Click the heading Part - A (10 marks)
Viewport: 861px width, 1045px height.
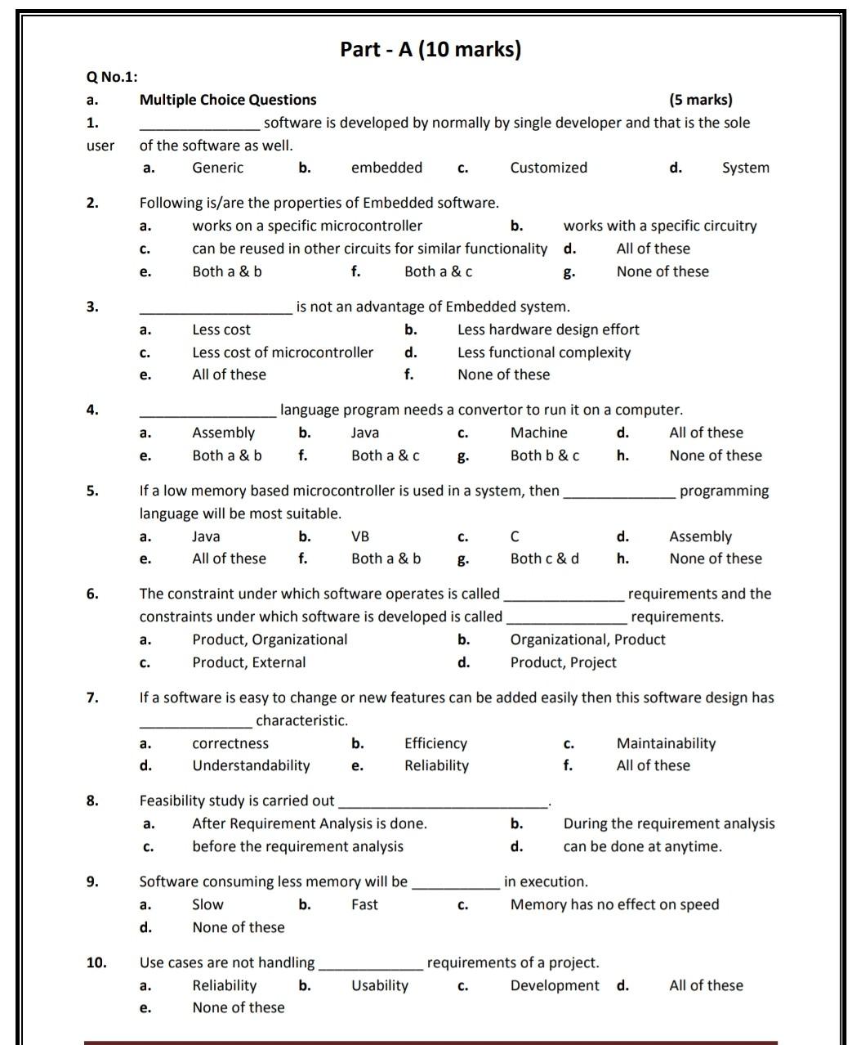point(430,50)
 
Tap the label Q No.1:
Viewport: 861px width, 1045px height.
point(112,77)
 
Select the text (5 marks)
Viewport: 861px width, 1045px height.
point(700,100)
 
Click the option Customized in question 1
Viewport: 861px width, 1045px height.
point(548,168)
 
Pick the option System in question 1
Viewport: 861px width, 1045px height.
point(745,168)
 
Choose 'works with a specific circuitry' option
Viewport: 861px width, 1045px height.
point(659,226)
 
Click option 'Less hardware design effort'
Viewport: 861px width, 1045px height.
point(548,330)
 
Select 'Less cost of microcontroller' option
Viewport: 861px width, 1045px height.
point(283,352)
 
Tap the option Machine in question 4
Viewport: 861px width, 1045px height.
point(538,433)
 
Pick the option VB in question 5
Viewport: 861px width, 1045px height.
point(360,536)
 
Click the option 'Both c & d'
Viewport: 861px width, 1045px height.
point(544,558)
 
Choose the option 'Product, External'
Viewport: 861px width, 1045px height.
point(249,662)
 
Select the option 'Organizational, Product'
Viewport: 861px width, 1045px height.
point(587,639)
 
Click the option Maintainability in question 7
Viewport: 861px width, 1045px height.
point(666,743)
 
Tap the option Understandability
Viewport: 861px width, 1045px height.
point(251,765)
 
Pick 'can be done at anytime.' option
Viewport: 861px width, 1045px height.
point(642,846)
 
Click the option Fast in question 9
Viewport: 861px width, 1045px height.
point(364,904)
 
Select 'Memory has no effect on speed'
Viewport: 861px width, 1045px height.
point(614,904)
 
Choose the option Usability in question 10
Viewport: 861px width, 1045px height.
point(380,985)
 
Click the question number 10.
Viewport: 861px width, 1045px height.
point(96,962)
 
